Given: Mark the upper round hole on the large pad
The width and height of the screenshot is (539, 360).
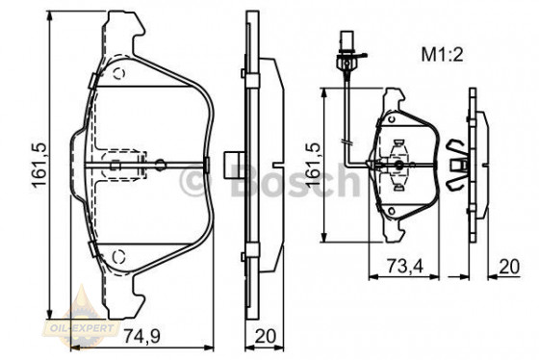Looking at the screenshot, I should pyautogui.click(x=119, y=73).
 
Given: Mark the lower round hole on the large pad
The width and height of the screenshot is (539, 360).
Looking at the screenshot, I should pyautogui.click(x=119, y=253).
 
